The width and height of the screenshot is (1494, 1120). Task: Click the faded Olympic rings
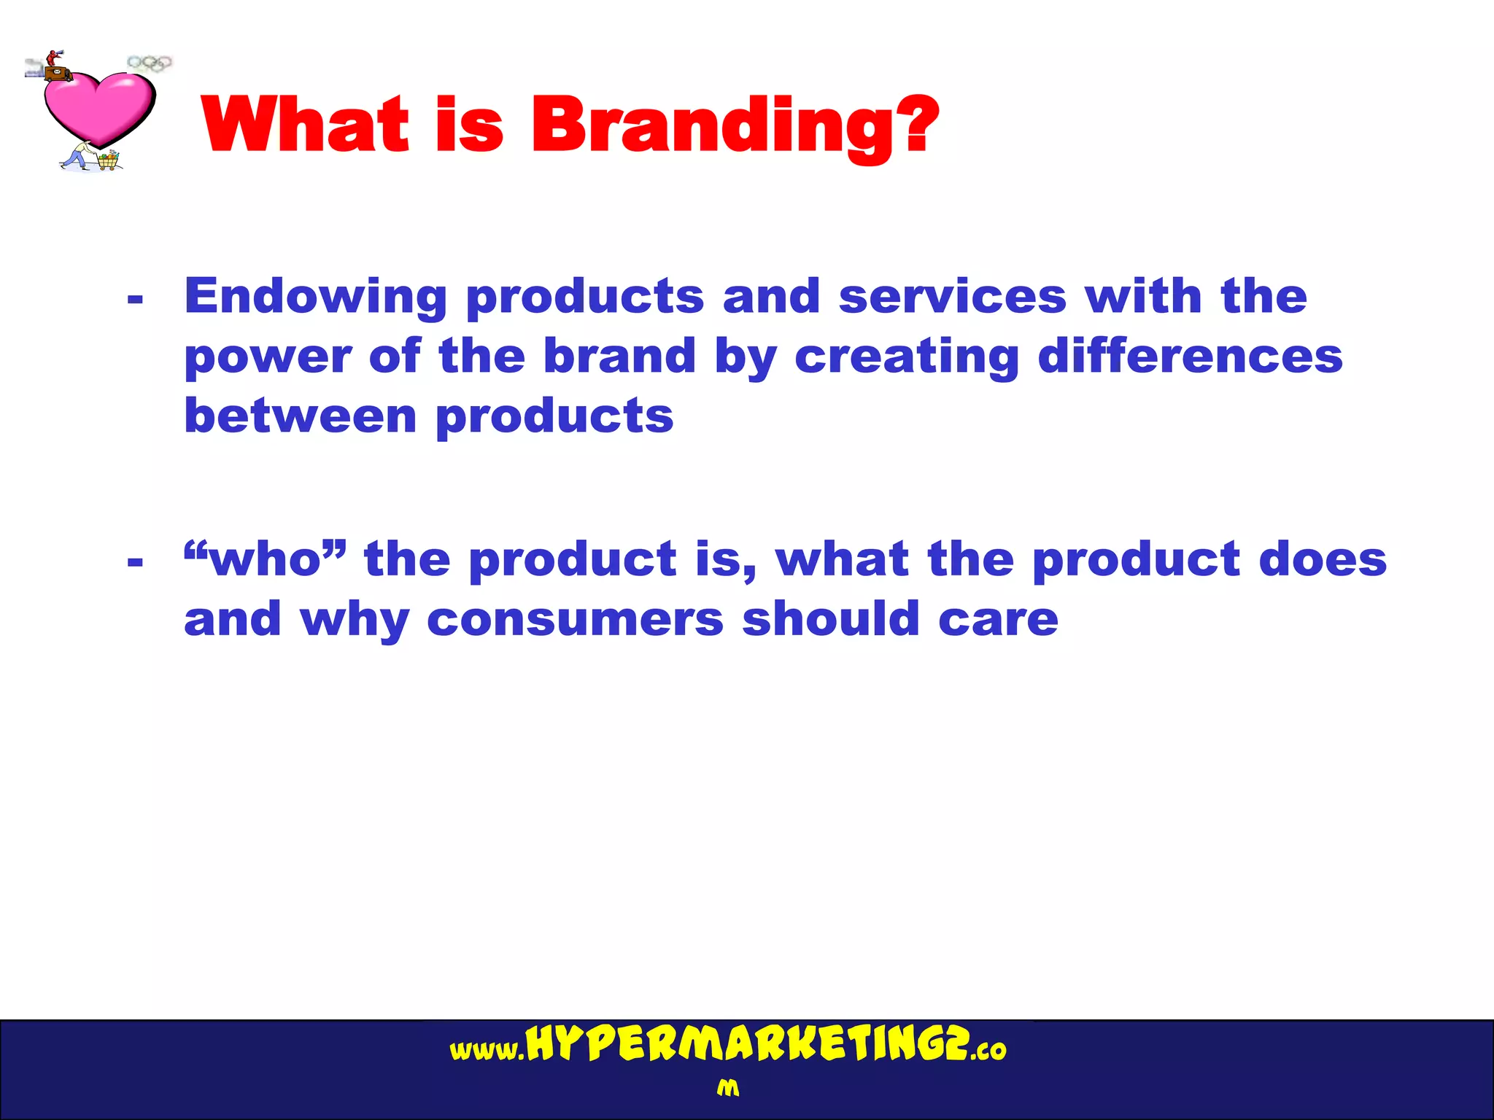tap(150, 63)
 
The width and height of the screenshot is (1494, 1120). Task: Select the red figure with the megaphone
tap(52, 58)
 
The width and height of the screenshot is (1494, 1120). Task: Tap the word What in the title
tap(306, 125)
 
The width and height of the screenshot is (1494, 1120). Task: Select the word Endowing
tap(316, 297)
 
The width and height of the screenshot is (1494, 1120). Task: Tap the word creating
tap(907, 357)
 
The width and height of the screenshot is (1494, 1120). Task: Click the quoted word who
tap(266, 559)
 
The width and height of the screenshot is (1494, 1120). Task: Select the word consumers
tap(575, 619)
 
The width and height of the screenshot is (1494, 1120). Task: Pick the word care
tap(998, 619)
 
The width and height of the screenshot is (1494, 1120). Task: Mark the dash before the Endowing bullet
tap(135, 298)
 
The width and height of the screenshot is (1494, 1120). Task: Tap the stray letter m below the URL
tap(727, 1089)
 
